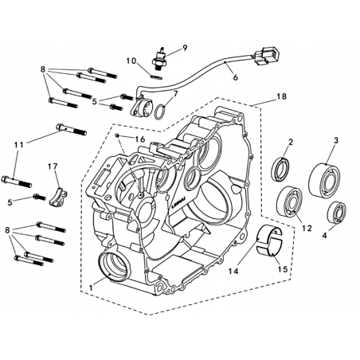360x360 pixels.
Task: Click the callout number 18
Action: (281, 96)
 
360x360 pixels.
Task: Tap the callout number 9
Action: (185, 48)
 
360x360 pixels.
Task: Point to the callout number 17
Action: (53, 166)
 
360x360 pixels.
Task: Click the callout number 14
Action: (234, 271)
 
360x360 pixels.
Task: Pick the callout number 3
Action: (336, 141)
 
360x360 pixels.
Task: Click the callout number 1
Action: (91, 288)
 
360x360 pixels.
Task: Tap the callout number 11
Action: (19, 145)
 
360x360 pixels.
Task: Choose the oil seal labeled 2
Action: (280, 170)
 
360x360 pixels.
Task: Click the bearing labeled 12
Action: (289, 202)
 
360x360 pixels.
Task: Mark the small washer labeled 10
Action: (156, 76)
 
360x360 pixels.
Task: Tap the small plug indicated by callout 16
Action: (117, 135)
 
